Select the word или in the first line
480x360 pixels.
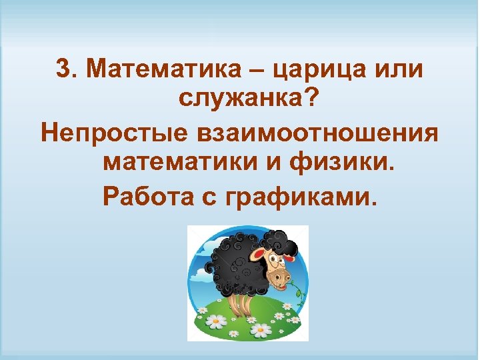(x=395, y=69)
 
